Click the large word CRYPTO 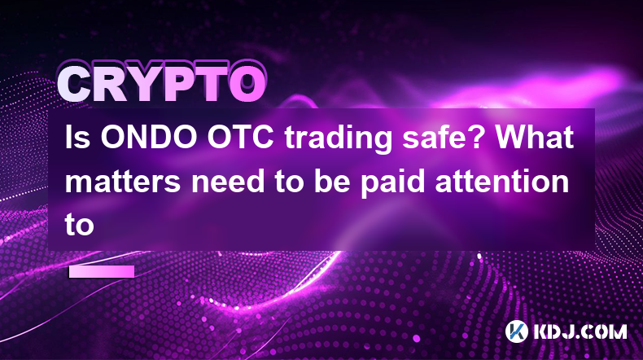point(162,85)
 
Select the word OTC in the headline point(240,137)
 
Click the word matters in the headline point(123,182)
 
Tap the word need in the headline point(228,181)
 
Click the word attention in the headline point(502,181)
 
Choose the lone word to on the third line point(80,225)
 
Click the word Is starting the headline point(77,137)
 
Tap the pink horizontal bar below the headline point(102,271)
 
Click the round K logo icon point(516,331)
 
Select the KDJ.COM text point(580,331)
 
